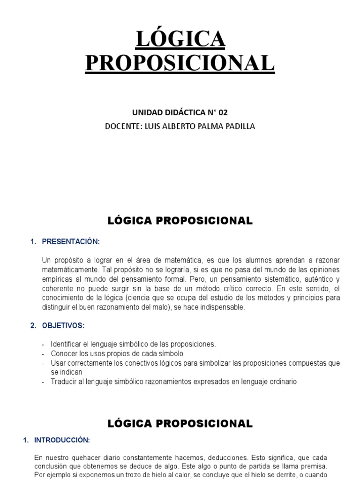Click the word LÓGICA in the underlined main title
click(180, 39)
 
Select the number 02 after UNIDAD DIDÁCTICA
click(222, 112)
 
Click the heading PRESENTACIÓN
click(71, 242)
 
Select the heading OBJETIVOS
click(63, 325)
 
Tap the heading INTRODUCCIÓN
click(62, 440)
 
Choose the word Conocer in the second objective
click(64, 353)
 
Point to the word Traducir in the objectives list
click(65, 382)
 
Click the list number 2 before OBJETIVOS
click(32, 325)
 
